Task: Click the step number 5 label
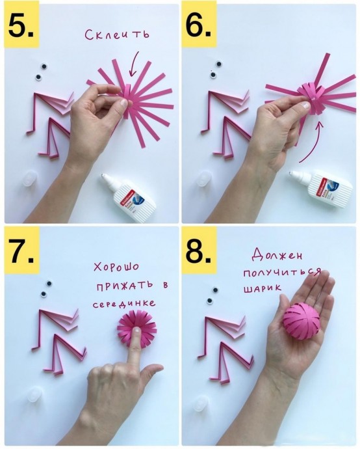click(21, 26)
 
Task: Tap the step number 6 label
click(198, 26)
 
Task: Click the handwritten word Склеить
click(117, 34)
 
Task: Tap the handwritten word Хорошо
click(116, 267)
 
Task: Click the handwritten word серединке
click(123, 303)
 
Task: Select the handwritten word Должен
click(277, 254)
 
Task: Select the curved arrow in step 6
click(311, 143)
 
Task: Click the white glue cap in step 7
click(34, 394)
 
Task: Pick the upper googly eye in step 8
click(214, 290)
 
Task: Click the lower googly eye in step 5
click(38, 77)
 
